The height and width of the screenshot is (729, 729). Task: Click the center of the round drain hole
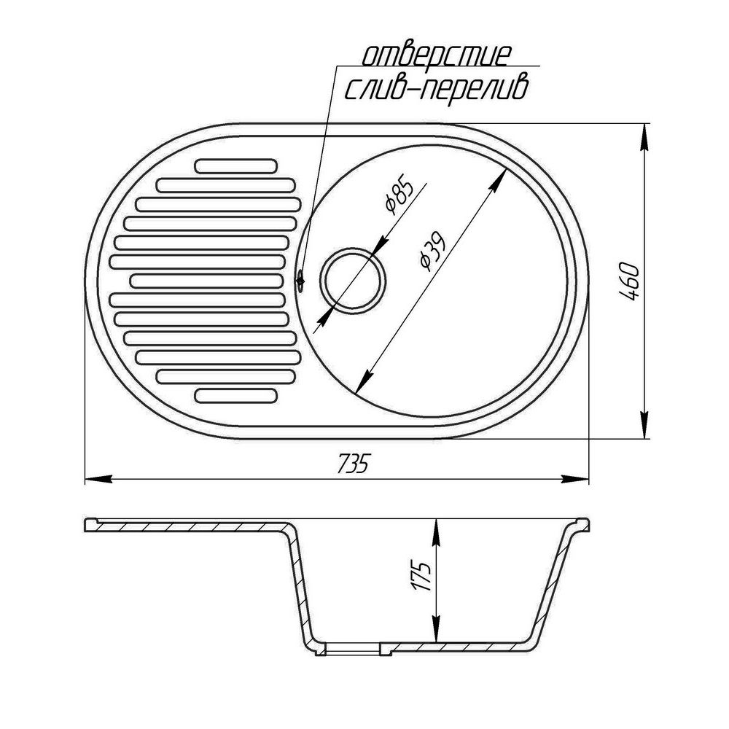pos(354,281)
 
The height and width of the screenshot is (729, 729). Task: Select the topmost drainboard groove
pos(235,165)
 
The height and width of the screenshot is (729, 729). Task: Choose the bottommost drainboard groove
pos(235,396)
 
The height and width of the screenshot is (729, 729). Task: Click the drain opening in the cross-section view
pos(352,648)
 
